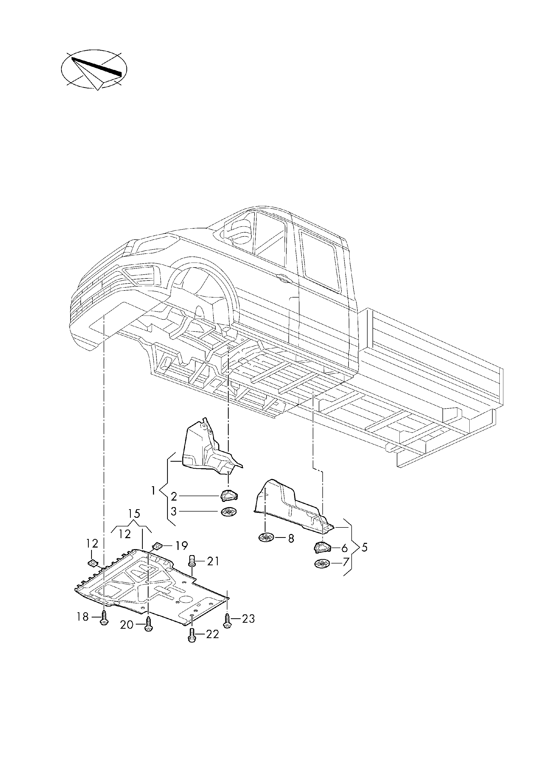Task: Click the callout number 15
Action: coord(134,523)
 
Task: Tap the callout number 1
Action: coord(153,491)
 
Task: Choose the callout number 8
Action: coord(291,539)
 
